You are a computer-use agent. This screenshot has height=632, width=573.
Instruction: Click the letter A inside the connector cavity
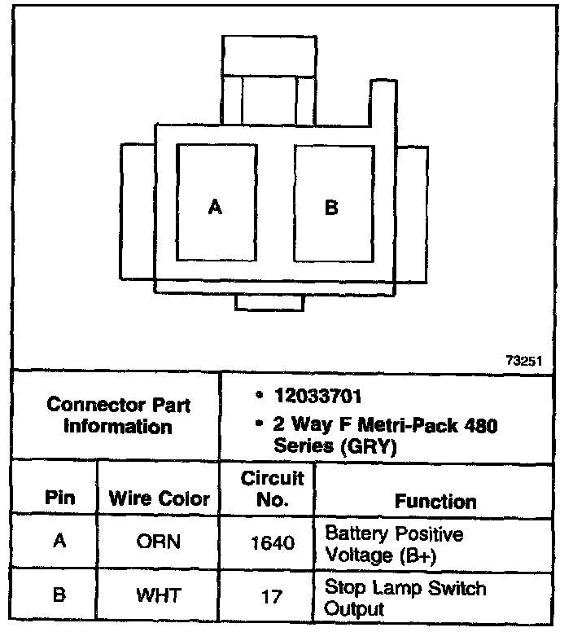[x=215, y=208]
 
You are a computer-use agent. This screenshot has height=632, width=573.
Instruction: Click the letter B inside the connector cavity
[x=331, y=208]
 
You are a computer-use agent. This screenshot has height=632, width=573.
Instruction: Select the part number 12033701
[x=317, y=397]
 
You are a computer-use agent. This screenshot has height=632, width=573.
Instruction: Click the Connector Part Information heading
[x=118, y=415]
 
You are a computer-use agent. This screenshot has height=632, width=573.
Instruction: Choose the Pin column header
[x=59, y=498]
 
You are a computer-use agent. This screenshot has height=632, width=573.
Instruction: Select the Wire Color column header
[x=160, y=498]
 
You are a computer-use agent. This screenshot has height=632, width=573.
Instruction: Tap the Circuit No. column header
[x=272, y=489]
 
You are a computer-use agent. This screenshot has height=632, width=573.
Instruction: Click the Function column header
[x=435, y=501]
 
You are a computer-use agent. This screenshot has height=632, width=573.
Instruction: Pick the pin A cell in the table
[x=59, y=542]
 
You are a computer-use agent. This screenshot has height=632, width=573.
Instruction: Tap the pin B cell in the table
[x=59, y=596]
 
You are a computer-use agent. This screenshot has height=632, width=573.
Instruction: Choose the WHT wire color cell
[x=160, y=596]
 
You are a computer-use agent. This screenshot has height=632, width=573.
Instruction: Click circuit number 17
[x=272, y=597]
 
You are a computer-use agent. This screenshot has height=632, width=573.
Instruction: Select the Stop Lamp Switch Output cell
[x=405, y=597]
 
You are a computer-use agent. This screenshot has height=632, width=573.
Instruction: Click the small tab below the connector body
[x=269, y=302]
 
